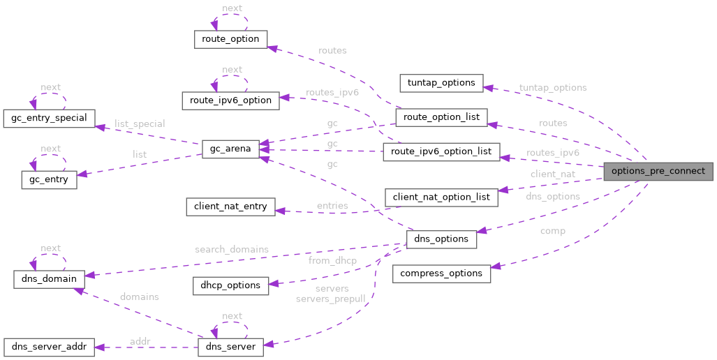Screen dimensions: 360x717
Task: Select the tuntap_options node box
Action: pos(441,82)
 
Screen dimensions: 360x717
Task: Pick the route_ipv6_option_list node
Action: pos(441,151)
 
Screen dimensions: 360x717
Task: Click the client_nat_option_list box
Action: pos(441,197)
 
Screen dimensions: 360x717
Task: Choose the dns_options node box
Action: pos(441,239)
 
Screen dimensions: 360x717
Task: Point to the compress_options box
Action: pos(441,273)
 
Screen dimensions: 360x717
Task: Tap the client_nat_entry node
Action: pos(230,207)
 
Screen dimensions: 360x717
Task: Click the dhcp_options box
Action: pos(230,285)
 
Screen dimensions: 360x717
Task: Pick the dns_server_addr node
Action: pos(49,347)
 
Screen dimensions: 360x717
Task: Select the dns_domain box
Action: pos(49,278)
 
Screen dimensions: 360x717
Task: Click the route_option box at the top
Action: pos(230,39)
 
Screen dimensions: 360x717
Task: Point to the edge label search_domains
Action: pos(232,249)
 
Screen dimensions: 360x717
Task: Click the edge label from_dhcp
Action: pos(332,261)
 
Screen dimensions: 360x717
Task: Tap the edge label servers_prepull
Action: pos(330,299)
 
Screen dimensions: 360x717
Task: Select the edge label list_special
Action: pos(140,124)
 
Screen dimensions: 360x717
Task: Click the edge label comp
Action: pos(552,231)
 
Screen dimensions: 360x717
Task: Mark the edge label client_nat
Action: pos(552,174)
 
